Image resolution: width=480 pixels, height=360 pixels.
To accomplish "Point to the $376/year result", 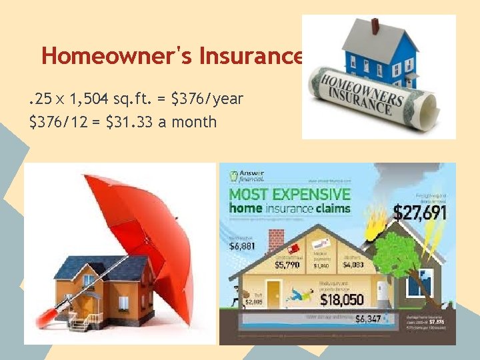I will point(207,99).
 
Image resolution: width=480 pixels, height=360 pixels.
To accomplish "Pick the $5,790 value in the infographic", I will point(289,265).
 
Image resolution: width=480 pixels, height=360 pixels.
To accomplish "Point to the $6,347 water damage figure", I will point(368,319).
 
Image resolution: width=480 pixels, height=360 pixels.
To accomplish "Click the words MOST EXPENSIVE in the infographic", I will point(290,195).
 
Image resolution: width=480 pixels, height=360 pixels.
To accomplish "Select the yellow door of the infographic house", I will point(273,293).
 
